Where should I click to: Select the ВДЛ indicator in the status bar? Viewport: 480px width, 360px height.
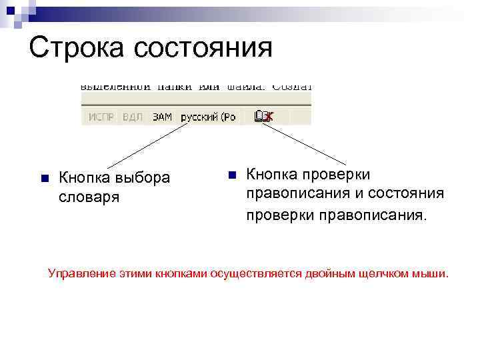[x=133, y=117]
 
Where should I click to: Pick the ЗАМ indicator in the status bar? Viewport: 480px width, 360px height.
[x=162, y=117]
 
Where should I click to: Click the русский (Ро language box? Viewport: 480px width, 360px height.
[x=209, y=117]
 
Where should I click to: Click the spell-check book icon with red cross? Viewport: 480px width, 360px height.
[x=264, y=117]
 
